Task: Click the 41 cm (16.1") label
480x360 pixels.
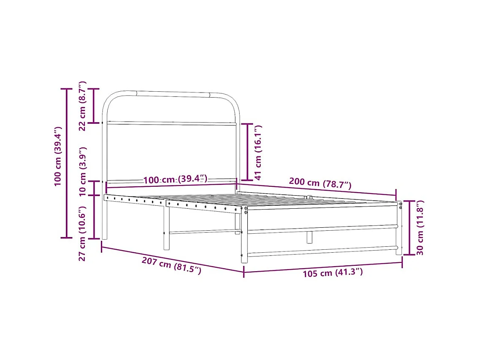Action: tap(258, 152)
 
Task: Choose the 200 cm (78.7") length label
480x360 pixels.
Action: tap(320, 183)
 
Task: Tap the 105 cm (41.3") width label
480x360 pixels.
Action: tap(332, 273)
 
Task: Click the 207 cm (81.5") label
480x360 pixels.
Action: tap(171, 266)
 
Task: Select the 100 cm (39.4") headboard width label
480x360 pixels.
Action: tap(175, 180)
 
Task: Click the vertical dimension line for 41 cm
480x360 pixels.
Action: tap(247, 152)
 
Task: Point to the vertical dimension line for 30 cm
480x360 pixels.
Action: tap(409, 228)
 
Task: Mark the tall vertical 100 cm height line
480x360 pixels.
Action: tap(66, 163)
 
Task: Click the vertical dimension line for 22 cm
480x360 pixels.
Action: tap(94, 106)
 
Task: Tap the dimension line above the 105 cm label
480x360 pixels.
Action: tap(323, 267)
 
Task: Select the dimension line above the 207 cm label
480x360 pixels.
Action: tap(172, 259)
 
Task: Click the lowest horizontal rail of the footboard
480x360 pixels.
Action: tap(322, 252)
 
